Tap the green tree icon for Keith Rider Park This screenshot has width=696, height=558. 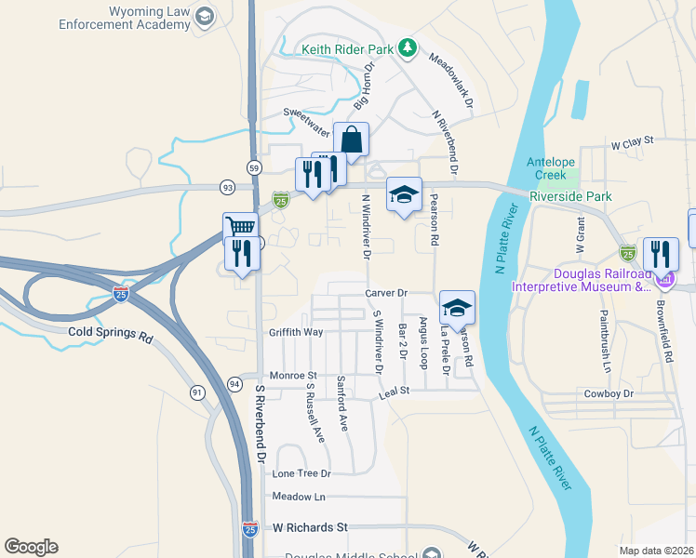406,46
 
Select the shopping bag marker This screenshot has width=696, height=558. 352,140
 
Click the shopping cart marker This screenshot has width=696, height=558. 240,227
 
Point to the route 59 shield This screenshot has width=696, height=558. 254,167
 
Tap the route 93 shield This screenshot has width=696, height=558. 227,187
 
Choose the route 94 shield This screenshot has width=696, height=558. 234,383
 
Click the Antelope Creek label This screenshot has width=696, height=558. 553,167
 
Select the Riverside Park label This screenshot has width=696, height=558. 583,196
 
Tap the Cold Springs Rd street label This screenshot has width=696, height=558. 110,332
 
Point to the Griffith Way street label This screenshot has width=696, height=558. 296,331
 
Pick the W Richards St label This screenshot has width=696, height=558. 309,527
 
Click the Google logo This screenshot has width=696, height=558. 31,547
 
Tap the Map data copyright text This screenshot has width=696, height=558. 656,551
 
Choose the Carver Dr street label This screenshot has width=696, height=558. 387,293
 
